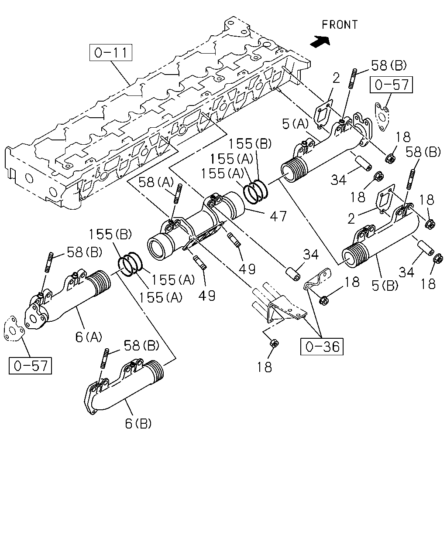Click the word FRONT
(x=340, y=25)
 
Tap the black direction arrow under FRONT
(x=320, y=41)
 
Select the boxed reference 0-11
(x=110, y=53)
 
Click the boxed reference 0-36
(x=322, y=347)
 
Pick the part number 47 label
(x=278, y=216)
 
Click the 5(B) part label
(x=385, y=286)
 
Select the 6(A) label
(x=89, y=337)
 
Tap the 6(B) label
(x=138, y=423)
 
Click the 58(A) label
(x=156, y=182)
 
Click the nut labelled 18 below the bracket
(x=274, y=344)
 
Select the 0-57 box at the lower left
(x=31, y=366)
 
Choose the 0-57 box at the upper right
(x=392, y=85)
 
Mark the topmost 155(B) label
(x=250, y=143)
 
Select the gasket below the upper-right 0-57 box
(x=382, y=117)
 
